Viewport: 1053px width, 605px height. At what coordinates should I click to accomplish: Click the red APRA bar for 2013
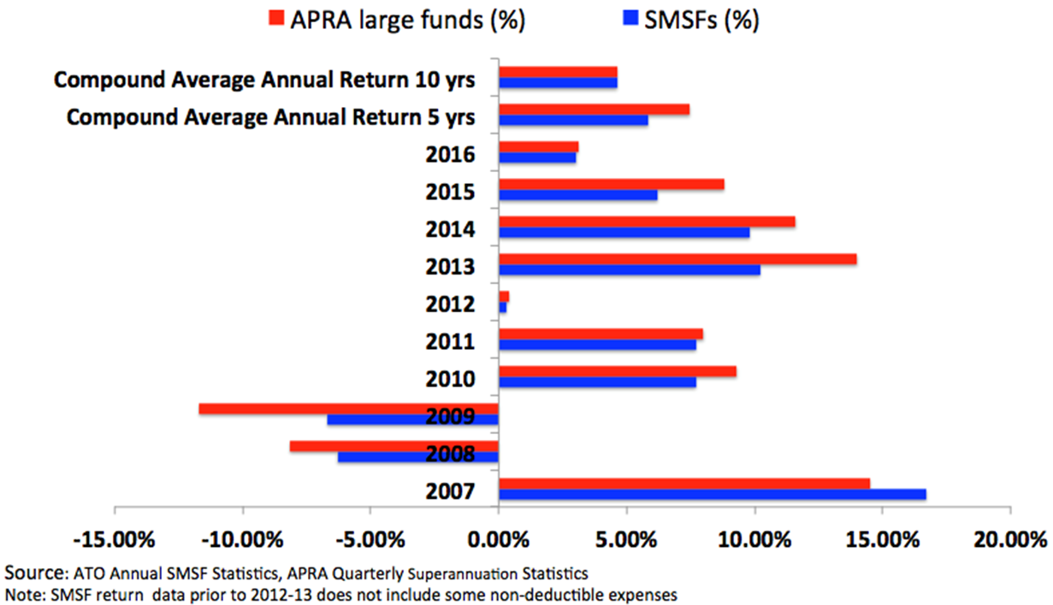coord(677,259)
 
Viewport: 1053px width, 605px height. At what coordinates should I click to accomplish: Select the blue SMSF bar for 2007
coord(712,495)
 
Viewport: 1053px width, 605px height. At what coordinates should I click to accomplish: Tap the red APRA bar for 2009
coord(348,409)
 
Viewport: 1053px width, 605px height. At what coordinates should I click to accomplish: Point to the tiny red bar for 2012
coord(504,296)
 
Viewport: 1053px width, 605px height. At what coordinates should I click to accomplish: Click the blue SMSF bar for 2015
coord(577,195)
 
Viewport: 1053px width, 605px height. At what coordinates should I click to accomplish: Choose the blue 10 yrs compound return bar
coord(558,83)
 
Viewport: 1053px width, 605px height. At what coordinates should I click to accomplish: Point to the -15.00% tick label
coord(114,541)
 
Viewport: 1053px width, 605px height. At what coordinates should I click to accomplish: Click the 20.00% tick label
coord(1010,541)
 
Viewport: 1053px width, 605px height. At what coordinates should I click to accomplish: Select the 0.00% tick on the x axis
coord(498,541)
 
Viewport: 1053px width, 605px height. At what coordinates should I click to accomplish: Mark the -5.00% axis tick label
coord(370,541)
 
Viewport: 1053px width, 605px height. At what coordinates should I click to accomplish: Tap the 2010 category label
coord(450,379)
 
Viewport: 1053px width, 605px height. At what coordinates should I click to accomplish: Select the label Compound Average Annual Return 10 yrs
coord(263,80)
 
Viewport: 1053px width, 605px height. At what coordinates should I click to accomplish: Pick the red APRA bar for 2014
coord(647,222)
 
